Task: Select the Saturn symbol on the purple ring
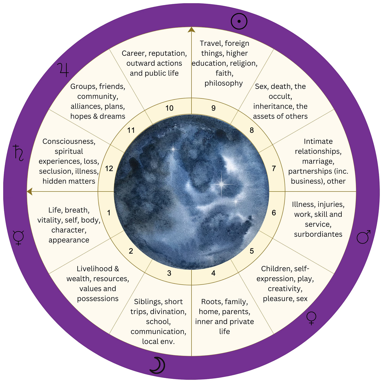tap(19, 153)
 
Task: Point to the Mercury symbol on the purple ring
tap(18, 238)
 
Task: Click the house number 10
tap(169, 108)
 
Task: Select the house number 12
tap(109, 169)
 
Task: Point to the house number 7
tap(274, 168)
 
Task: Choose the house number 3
tap(169, 273)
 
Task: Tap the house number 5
tap(252, 251)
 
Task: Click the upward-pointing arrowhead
tap(191, 29)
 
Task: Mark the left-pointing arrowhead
tap(30, 191)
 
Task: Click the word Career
tap(134, 53)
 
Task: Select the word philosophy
tap(224, 83)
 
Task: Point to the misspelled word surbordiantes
tap(318, 234)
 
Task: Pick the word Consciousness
tap(69, 142)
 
